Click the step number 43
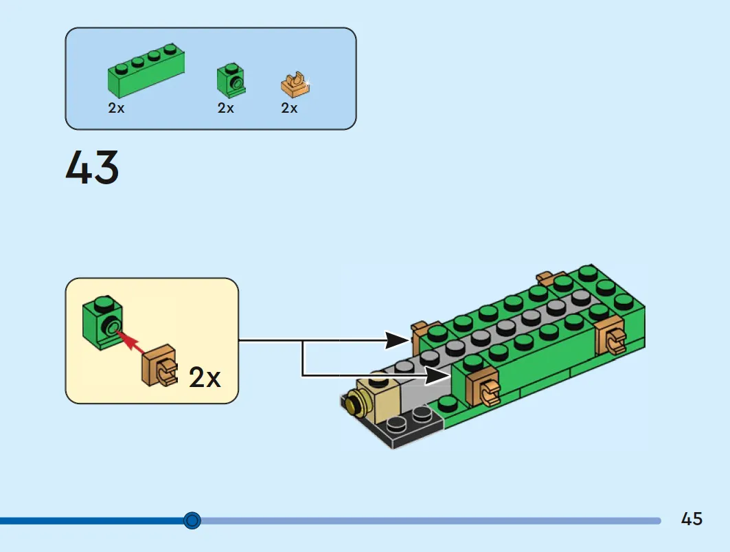pos(92,167)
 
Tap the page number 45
pos(692,519)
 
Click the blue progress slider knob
pos(192,520)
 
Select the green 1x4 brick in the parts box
pos(146,70)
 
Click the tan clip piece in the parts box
pos(295,85)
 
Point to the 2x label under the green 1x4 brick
pos(116,108)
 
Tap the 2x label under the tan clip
pos(289,108)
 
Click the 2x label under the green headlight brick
pos(226,108)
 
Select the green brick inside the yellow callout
pos(103,322)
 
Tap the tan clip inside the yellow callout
pos(160,366)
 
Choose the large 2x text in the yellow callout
pos(205,377)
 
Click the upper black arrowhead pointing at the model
pos(397,340)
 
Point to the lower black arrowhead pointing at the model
pos(437,376)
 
